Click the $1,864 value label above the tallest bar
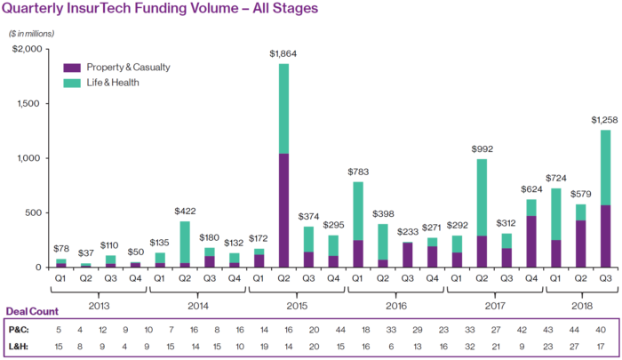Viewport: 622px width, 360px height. click(x=284, y=54)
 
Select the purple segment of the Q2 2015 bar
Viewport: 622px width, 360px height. click(x=284, y=210)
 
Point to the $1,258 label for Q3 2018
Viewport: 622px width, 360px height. click(x=605, y=120)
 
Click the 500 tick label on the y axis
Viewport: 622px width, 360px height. click(x=31, y=212)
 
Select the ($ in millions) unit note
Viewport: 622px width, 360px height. click(x=32, y=34)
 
